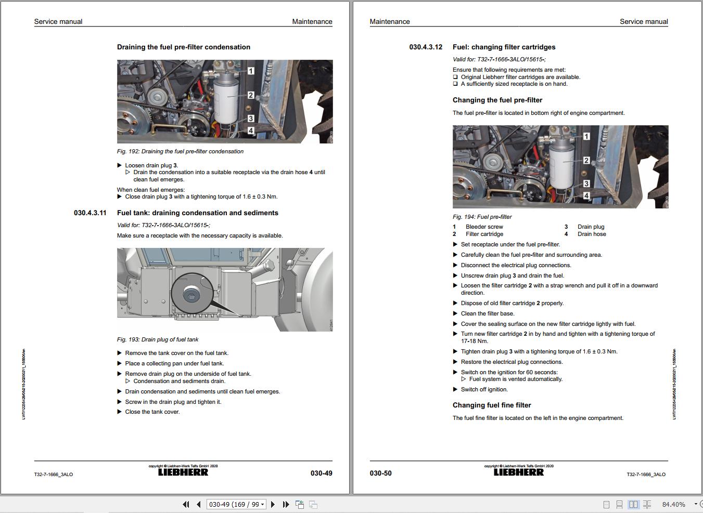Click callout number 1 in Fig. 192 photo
click(251, 71)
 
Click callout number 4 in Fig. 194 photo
click(586, 196)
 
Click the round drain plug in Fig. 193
click(191, 296)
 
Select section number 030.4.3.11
click(90, 213)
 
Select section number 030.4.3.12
click(426, 47)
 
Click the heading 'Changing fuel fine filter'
click(492, 405)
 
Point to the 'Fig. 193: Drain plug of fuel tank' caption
click(158, 340)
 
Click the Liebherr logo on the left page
click(183, 472)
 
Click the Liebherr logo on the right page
click(519, 472)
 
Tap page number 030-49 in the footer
click(321, 473)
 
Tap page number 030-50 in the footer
click(380, 473)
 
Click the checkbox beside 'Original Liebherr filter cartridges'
click(455, 77)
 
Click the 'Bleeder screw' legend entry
click(484, 227)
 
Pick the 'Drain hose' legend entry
click(592, 234)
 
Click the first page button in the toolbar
click(186, 505)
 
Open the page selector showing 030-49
click(236, 505)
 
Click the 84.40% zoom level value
click(673, 505)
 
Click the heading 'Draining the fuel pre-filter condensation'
click(184, 47)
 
